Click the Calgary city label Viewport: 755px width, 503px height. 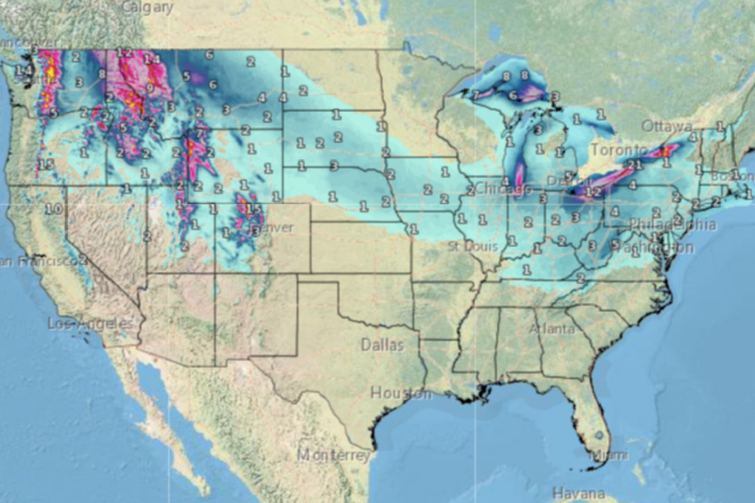pyautogui.click(x=147, y=8)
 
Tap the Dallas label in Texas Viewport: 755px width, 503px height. pyautogui.click(x=382, y=345)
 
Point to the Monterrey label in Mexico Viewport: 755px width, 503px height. pyautogui.click(x=333, y=455)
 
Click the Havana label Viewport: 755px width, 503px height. pyautogui.click(x=578, y=494)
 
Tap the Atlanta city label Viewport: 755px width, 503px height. pyautogui.click(x=552, y=329)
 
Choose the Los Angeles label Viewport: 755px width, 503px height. pyautogui.click(x=91, y=324)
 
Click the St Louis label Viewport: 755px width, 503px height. pyautogui.click(x=473, y=246)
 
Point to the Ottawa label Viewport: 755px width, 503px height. pyautogui.click(x=667, y=126)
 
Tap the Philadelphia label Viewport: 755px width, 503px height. pyautogui.click(x=673, y=224)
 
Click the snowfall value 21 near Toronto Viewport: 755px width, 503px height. pyautogui.click(x=634, y=165)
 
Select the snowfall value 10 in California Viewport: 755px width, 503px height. pyautogui.click(x=54, y=209)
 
